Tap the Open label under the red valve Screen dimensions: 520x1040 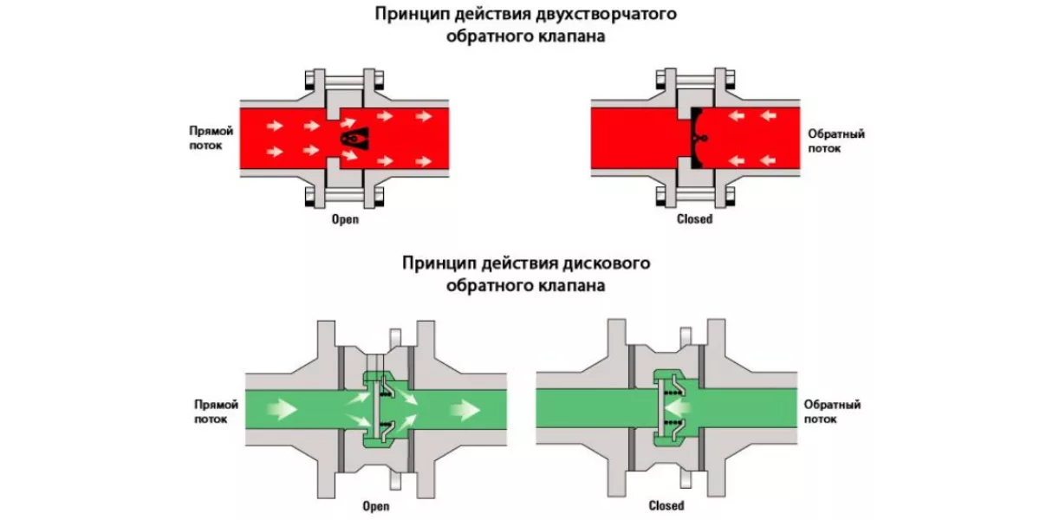345,219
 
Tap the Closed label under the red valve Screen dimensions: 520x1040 694,219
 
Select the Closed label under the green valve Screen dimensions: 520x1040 666,506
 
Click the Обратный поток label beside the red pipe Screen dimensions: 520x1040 836,140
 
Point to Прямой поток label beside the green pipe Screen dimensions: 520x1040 212,411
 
